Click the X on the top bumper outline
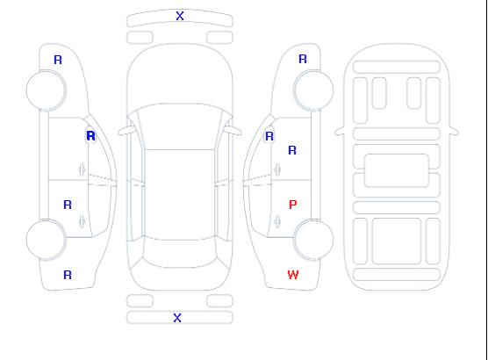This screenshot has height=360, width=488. [180, 16]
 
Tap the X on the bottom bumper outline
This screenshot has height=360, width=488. [177, 318]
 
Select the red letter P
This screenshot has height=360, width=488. [293, 205]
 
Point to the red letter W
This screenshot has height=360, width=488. [293, 275]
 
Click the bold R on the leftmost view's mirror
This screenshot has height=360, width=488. [91, 136]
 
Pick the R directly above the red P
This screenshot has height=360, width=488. [292, 150]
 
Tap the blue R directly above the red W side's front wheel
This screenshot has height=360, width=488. [303, 59]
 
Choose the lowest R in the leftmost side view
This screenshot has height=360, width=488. [68, 275]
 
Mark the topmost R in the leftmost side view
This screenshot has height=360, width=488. [58, 60]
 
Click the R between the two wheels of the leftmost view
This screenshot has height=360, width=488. [68, 205]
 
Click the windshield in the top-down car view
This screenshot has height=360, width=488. [180, 126]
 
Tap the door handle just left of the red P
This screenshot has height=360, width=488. [277, 221]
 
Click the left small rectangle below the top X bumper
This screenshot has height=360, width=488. [140, 38]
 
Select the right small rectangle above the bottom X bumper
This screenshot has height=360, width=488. [219, 301]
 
